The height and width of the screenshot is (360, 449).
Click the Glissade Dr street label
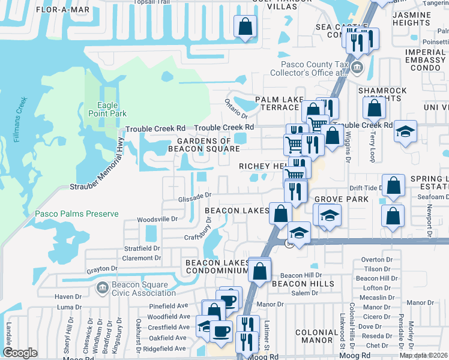pos(195,195)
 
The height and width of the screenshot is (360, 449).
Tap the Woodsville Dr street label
pos(158,220)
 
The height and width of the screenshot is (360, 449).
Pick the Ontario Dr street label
pos(237,109)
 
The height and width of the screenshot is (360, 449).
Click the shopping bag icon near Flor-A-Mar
pos(245,27)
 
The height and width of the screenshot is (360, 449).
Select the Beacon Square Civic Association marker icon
pos(101,289)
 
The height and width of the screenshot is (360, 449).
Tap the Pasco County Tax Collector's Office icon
pos(358,67)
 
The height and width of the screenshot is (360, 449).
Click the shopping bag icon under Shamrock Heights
pos(375,109)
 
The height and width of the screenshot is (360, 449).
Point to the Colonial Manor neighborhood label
pos(321,336)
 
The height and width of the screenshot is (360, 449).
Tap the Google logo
pos(20,353)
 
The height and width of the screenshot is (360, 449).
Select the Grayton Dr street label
pos(100,269)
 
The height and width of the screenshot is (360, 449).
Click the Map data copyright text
pos(424,355)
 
